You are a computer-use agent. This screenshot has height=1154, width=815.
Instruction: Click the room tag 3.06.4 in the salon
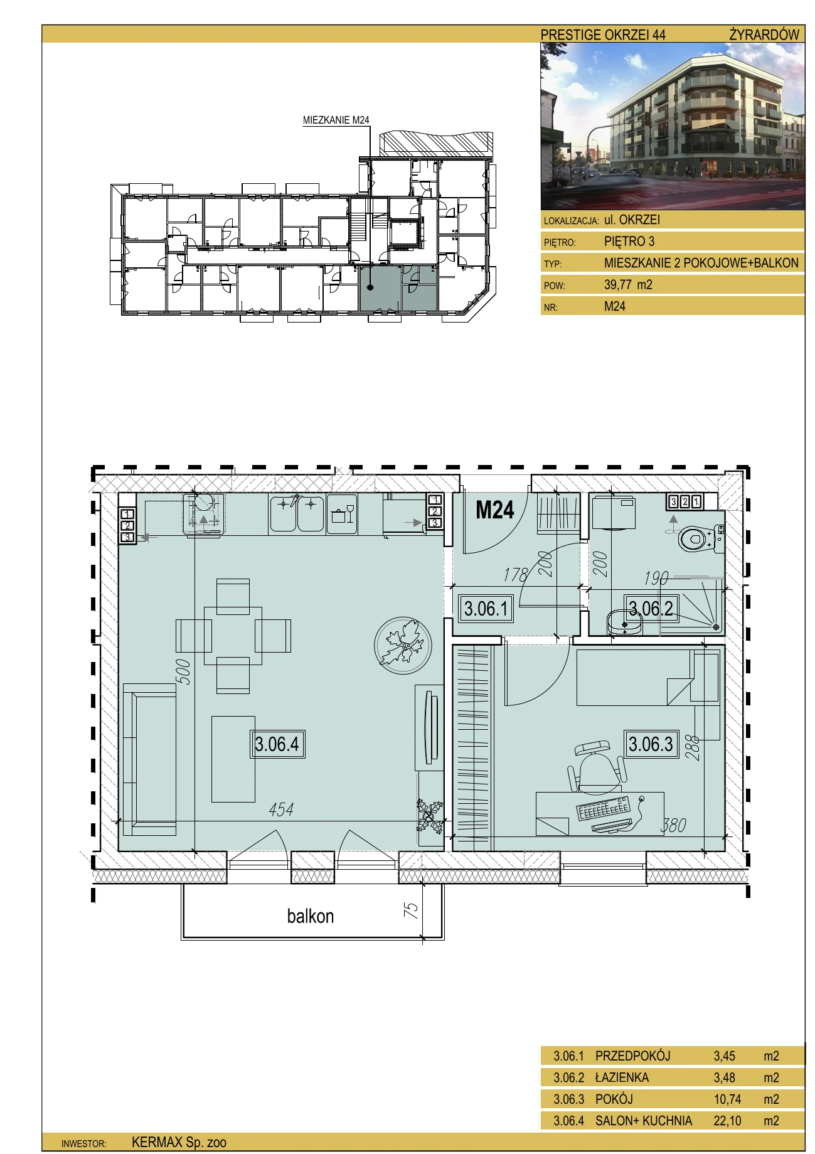point(277,744)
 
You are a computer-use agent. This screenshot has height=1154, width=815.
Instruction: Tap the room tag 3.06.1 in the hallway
point(486,608)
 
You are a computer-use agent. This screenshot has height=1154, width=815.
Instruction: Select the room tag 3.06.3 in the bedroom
point(651,744)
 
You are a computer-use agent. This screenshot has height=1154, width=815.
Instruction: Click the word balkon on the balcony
point(311,916)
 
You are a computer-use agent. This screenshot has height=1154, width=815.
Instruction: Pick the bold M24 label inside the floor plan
point(495,510)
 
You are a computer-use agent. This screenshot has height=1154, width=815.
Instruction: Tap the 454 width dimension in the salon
point(281,809)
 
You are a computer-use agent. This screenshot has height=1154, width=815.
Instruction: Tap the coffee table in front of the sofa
point(233,759)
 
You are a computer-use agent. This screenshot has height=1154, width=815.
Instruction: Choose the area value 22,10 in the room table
point(727,1120)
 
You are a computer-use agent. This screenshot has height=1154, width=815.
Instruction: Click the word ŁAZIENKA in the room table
point(622,1077)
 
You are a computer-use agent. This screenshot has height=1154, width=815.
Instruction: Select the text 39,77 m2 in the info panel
point(628,285)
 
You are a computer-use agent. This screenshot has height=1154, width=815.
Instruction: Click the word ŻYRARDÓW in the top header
point(764,35)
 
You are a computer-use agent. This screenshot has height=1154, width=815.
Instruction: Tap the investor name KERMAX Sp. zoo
point(179,1143)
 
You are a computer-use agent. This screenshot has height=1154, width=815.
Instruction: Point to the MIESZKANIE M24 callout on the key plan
point(336,120)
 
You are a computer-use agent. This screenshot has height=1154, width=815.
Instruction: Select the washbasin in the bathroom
point(626,622)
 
